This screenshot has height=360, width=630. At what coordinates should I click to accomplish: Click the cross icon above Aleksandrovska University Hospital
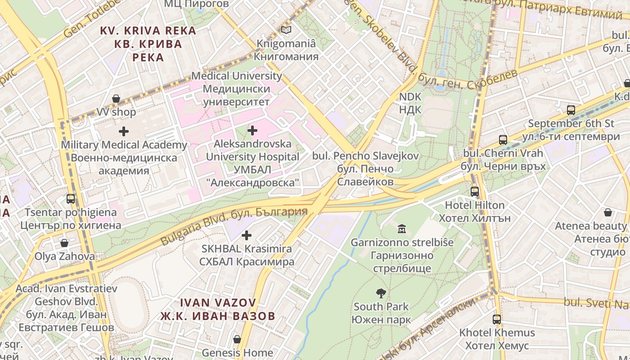pos(252,130)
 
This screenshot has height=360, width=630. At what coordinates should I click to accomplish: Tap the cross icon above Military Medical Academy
pos(124,131)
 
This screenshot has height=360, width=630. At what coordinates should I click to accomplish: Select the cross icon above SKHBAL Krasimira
pos(247,235)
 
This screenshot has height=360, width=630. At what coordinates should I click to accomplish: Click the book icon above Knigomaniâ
pos(286,30)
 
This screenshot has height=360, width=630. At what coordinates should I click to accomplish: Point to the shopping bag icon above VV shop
pos(116,99)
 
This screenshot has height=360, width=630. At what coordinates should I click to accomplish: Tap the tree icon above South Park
pos(381,293)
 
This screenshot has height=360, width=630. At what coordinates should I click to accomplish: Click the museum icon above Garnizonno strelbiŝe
pos(402,229)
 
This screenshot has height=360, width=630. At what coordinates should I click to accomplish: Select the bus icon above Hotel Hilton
pos(475,192)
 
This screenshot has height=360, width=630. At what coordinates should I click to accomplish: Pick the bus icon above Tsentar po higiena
pos(71,199)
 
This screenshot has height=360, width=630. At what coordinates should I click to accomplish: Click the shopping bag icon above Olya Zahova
pos(64,243)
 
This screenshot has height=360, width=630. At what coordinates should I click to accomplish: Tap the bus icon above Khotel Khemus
pos(497,319)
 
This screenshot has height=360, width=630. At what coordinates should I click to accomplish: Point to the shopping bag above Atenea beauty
pos(608,212)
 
